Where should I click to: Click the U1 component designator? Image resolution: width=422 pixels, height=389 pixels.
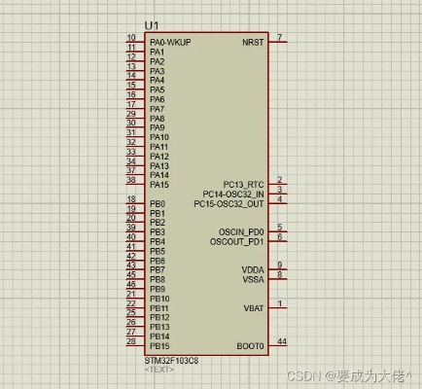152,25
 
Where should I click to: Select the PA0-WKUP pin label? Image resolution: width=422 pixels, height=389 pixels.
170,43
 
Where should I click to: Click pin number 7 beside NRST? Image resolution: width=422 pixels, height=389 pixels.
280,38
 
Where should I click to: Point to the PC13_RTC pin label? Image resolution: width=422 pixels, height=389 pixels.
243,184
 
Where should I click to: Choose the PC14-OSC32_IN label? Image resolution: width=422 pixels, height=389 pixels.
232,194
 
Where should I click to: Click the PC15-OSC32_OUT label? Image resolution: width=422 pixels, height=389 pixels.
229,203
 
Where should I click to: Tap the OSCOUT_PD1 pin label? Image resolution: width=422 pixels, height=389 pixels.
236,241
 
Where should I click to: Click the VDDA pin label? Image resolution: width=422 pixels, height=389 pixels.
252,269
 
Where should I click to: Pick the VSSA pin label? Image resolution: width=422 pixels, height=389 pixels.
252,279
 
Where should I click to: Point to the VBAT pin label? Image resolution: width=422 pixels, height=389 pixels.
253,307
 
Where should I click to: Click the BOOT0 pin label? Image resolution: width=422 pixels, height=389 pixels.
250,345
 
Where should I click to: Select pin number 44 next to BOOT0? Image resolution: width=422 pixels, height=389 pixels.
282,341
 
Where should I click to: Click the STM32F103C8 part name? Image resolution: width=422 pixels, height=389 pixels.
171,360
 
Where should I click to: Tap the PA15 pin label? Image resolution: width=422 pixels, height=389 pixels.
159,184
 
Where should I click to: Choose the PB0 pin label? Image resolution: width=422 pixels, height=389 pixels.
158,203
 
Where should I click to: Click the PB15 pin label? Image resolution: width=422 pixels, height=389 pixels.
159,345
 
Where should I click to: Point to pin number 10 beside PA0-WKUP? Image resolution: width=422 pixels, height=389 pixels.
131,39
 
